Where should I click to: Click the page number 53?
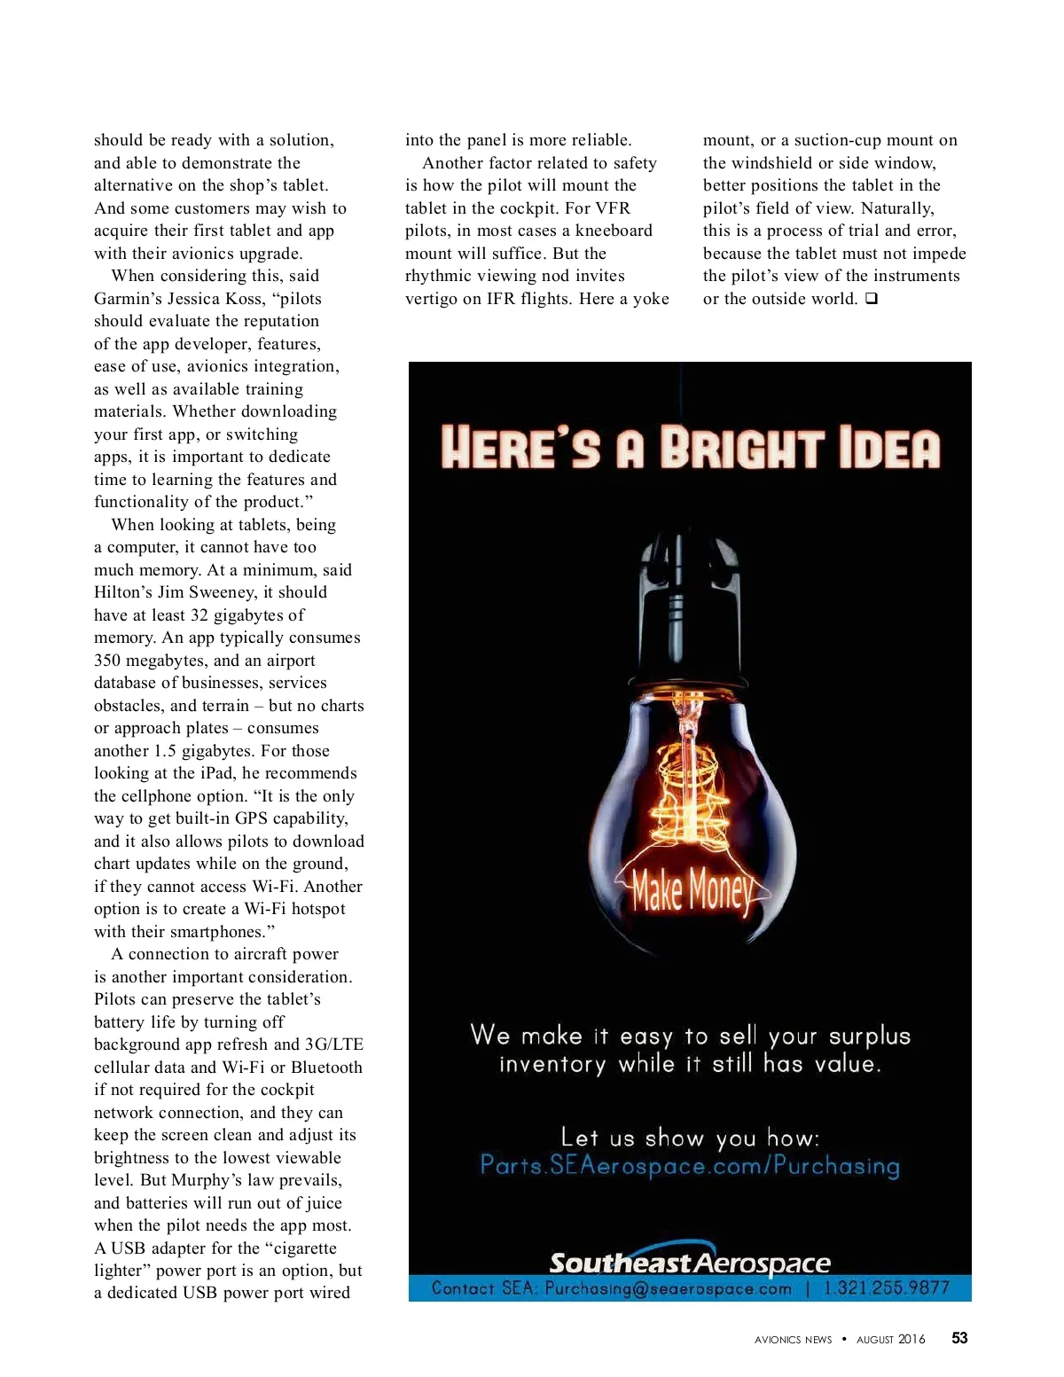[x=959, y=1338]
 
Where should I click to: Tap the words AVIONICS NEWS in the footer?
[x=793, y=1340]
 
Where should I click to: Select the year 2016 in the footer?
[x=911, y=1339]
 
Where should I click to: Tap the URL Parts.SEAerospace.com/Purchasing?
[x=690, y=1165]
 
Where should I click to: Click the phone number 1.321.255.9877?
[x=886, y=1287]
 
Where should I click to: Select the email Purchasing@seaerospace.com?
[x=668, y=1288]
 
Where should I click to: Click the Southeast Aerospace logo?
[x=689, y=1262]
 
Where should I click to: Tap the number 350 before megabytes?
[x=107, y=661]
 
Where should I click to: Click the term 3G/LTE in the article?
[x=333, y=1044]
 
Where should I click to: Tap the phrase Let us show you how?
[x=690, y=1138]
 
